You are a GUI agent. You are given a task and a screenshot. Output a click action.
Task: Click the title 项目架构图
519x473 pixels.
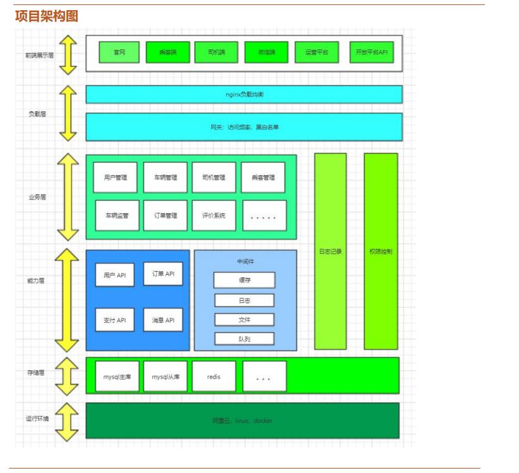(x=47, y=16)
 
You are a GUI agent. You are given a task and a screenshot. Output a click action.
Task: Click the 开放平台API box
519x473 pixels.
(x=371, y=53)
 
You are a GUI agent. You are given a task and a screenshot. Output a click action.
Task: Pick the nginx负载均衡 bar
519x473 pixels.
(x=244, y=94)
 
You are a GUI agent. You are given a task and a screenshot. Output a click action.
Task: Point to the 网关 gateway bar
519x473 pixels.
(x=244, y=127)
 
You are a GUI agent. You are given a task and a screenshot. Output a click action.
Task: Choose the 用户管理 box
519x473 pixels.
(x=115, y=177)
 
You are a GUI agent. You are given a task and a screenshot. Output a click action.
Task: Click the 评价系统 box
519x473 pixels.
(x=214, y=215)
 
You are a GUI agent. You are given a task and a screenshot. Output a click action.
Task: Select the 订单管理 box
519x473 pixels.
(x=166, y=215)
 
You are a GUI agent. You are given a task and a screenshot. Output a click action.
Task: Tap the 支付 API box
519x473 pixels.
(x=115, y=320)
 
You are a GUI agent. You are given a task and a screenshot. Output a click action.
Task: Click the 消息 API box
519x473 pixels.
(x=163, y=320)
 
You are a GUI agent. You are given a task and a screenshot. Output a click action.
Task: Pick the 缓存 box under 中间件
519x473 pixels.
(x=244, y=280)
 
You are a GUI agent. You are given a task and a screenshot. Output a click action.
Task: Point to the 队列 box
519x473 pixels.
(x=244, y=339)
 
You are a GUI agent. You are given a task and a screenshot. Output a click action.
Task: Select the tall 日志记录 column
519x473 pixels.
(x=330, y=251)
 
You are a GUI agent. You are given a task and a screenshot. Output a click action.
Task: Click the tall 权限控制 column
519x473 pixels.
(x=381, y=251)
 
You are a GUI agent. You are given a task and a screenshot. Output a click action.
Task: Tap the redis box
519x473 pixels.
(x=214, y=377)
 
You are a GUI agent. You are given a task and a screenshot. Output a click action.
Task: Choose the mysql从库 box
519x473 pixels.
(x=166, y=377)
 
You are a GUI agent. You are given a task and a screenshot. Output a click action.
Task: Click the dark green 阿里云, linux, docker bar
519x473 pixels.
(x=243, y=420)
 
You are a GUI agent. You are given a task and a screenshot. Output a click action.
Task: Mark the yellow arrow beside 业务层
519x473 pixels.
(x=68, y=197)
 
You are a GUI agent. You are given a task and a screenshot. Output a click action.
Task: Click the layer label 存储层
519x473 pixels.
(x=36, y=373)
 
